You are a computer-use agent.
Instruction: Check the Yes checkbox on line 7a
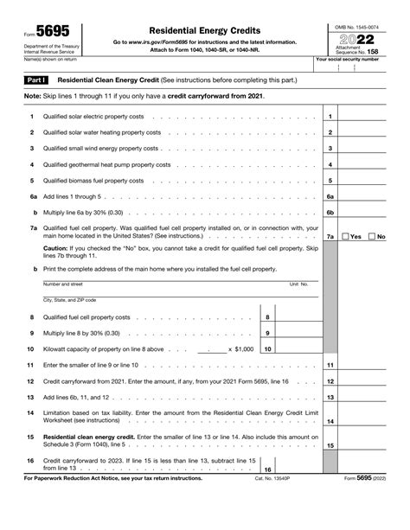tap(346, 236)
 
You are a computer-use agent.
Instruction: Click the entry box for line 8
tap(292, 318)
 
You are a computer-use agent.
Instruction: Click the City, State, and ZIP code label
tap(70, 300)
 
